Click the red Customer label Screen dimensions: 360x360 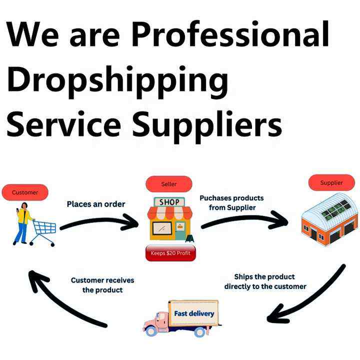pyautogui.click(x=24, y=192)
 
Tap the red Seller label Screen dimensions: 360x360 pyautogui.click(x=169, y=184)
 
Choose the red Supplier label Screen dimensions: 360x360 pyautogui.click(x=331, y=182)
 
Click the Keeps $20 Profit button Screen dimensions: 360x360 pyautogui.click(x=170, y=253)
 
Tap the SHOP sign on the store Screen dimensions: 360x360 pyautogui.click(x=169, y=202)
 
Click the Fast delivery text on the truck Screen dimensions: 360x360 pyautogui.click(x=194, y=314)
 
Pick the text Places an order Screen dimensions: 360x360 pyautogui.click(x=96, y=204)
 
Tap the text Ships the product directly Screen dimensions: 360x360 pyautogui.click(x=265, y=281)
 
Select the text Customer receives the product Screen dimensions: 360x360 pyautogui.click(x=102, y=285)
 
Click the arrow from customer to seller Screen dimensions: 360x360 pyautogui.click(x=100, y=222)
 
